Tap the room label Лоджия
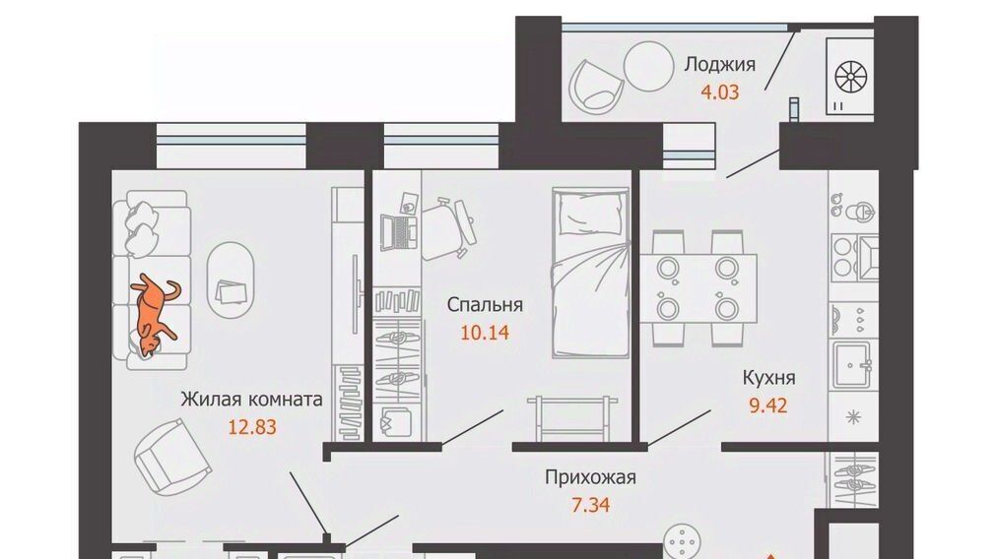point(720,65)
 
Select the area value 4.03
point(720,93)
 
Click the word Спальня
point(485,305)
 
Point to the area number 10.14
point(485,332)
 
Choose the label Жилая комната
point(252,400)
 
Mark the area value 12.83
point(252,427)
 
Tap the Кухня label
point(768,378)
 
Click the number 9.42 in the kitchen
point(768,405)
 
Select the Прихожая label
point(591,477)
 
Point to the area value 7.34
point(591,505)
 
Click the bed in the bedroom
point(591,274)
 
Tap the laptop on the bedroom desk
point(397,233)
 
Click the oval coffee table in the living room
point(232,279)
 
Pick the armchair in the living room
point(172,456)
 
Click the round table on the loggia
point(648,67)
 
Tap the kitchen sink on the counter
point(852,364)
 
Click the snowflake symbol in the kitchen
point(852,417)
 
